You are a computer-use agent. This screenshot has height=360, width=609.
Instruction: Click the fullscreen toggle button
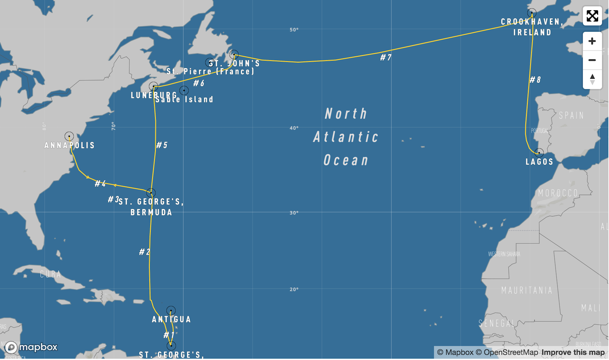pyautogui.click(x=592, y=16)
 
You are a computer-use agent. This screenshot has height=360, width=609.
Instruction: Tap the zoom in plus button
pyautogui.click(x=592, y=41)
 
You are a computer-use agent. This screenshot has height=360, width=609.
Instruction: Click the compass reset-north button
pyautogui.click(x=592, y=79)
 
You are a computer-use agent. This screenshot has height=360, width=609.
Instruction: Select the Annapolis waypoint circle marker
pyautogui.click(x=69, y=136)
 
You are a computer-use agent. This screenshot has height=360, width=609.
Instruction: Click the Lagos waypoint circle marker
pyautogui.click(x=539, y=152)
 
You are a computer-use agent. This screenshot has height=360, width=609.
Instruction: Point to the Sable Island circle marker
pyautogui.click(x=184, y=90)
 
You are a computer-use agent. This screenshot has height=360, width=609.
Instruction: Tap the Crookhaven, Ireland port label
pyautogui.click(x=532, y=27)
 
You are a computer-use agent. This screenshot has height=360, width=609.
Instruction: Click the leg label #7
pyautogui.click(x=386, y=57)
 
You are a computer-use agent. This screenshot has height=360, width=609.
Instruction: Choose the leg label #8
pyautogui.click(x=535, y=79)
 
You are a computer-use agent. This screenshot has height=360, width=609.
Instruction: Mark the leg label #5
pyautogui.click(x=162, y=145)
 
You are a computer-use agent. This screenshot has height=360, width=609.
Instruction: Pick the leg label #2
pyautogui.click(x=144, y=252)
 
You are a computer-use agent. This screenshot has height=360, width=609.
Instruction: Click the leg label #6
pyautogui.click(x=199, y=83)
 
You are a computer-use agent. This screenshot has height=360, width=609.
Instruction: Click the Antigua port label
pyautogui.click(x=171, y=319)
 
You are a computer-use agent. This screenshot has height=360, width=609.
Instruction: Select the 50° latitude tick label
pyautogui.click(x=294, y=30)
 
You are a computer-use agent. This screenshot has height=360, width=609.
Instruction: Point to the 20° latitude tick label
pyautogui.click(x=294, y=289)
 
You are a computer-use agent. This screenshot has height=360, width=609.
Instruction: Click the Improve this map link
pyautogui.click(x=573, y=352)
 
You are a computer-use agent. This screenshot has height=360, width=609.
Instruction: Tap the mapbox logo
pyautogui.click(x=31, y=347)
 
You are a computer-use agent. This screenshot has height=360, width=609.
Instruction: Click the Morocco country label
pyautogui.click(x=558, y=193)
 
